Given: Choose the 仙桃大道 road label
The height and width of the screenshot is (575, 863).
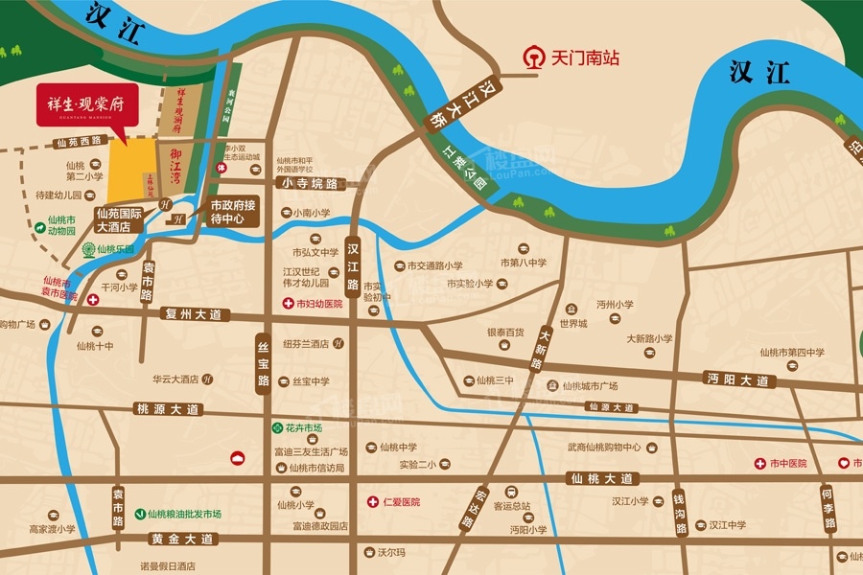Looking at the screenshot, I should pos(600,478).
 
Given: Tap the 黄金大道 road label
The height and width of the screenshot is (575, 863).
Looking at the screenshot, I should pos(180,540).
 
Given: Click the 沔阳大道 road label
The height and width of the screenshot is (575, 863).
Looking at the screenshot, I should pos(736,379).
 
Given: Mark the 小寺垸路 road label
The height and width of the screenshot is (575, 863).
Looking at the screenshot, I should pos(312,182).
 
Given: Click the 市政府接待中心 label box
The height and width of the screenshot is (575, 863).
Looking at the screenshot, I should pos(233,211).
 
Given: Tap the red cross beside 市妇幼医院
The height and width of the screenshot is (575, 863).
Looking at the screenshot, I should pos(287,303).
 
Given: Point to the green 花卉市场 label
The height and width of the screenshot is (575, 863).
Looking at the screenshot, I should pos(302,427).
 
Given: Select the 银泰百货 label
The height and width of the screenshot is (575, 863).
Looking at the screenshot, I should pos(505,333).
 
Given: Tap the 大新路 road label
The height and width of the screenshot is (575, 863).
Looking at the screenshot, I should pos(541,350).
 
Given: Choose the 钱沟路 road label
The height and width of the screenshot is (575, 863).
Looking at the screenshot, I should pos(679,514).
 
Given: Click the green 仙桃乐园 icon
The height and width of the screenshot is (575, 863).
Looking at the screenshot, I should pos(88,249).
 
